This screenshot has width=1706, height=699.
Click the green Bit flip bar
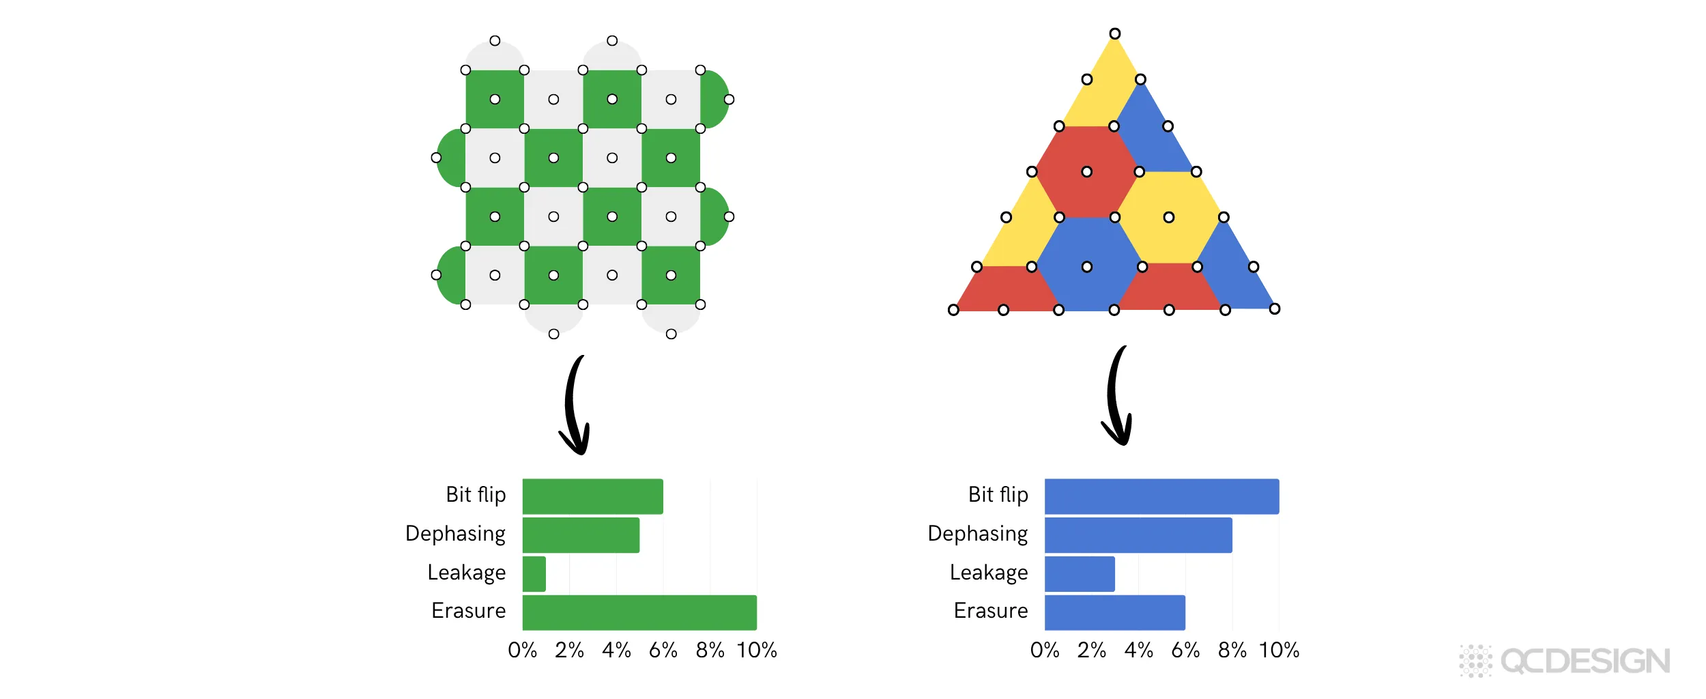coord(592,496)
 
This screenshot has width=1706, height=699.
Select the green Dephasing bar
coord(581,535)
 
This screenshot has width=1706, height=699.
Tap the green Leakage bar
coord(534,574)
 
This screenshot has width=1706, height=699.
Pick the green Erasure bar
coord(639,612)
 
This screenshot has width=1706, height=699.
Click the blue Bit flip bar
coord(1161,496)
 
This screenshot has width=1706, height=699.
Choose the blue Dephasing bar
coord(1138,535)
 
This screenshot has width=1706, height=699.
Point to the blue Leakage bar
coord(1080,574)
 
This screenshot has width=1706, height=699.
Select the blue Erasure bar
coord(1114,612)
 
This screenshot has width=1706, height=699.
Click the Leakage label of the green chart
coord(467,573)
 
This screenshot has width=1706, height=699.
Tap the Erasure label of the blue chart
coord(991,611)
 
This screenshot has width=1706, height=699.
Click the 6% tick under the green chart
coord(663,651)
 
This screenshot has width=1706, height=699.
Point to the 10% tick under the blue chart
coord(1279,651)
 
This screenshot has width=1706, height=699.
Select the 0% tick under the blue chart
coord(1045,651)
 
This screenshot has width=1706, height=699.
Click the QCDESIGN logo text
coord(1585,661)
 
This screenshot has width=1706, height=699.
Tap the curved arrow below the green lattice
coord(575,406)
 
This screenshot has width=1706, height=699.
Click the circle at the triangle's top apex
coord(1114,33)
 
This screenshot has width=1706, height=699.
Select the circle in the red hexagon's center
coord(1086,172)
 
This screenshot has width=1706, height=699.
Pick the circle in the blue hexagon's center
coord(1086,267)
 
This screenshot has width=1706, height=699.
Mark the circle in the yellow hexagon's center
coord(1169,217)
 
